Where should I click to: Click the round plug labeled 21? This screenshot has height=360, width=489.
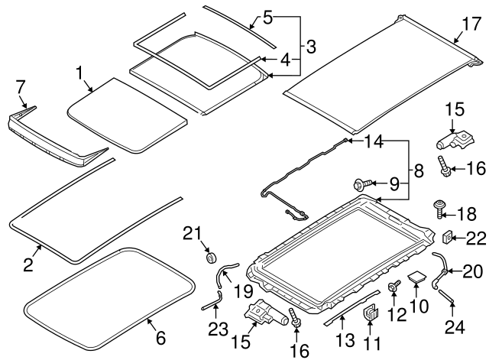(210, 255)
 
